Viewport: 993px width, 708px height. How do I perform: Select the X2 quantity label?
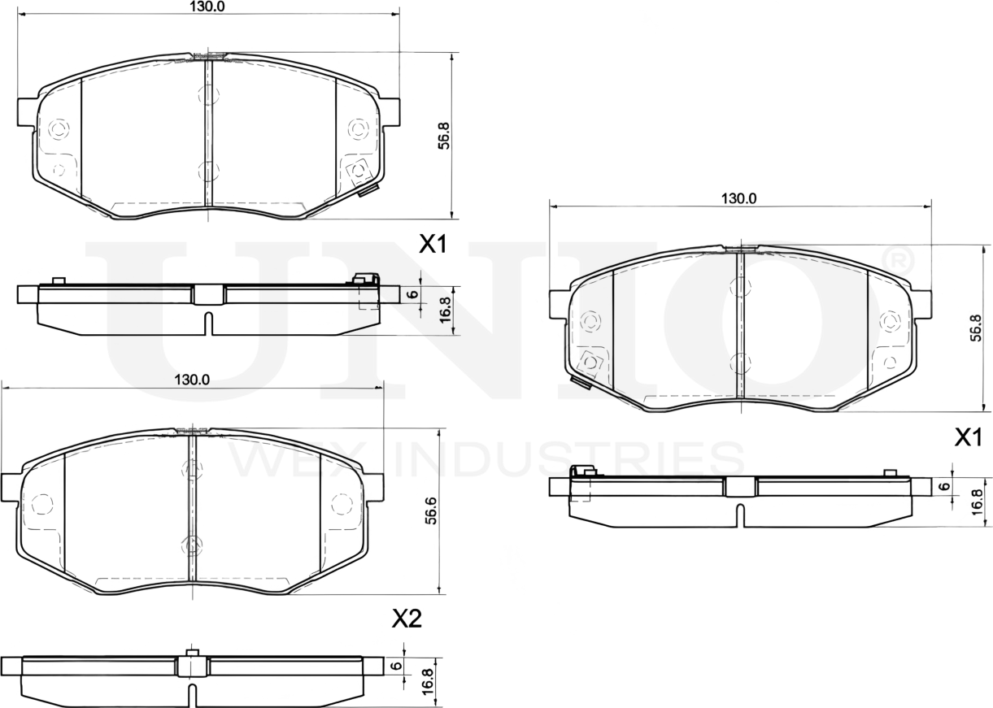tap(407, 619)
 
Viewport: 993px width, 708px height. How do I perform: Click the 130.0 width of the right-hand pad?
tap(738, 198)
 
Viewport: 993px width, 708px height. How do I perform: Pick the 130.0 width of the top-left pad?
tap(207, 7)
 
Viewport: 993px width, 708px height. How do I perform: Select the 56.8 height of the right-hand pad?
tap(976, 327)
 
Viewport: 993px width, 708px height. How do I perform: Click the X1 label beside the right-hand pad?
tap(968, 439)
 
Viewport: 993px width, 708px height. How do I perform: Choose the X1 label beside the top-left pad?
tap(433, 244)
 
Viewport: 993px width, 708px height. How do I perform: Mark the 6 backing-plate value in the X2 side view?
tap(395, 665)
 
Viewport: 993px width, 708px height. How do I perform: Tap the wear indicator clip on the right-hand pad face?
tap(581, 382)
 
